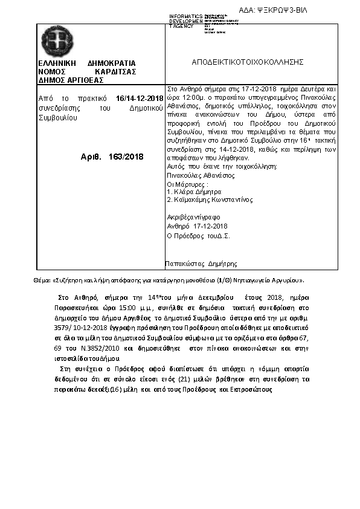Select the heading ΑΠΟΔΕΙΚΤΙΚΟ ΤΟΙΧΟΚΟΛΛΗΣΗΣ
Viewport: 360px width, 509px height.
tap(248, 62)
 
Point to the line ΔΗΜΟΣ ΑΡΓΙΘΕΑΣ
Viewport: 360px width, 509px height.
tap(71, 80)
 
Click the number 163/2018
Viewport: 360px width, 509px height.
tap(126, 156)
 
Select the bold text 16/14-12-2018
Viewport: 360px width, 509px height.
tap(140, 98)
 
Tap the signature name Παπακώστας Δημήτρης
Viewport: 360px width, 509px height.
tap(201, 264)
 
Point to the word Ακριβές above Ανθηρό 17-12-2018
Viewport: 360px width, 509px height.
tap(178, 216)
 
